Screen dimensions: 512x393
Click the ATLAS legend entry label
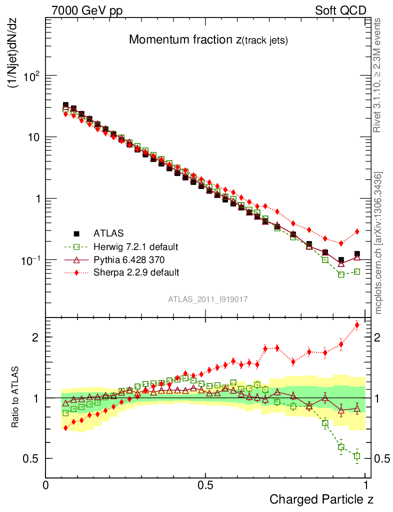click(x=108, y=233)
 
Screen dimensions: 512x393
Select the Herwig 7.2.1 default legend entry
click(x=136, y=246)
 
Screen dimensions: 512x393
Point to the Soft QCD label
click(x=340, y=10)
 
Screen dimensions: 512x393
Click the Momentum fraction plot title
click(x=208, y=40)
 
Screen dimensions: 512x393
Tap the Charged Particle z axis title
click(x=321, y=499)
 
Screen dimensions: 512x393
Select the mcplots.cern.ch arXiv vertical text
click(x=379, y=243)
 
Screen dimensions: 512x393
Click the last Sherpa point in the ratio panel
click(x=357, y=325)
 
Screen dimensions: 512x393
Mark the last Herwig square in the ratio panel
click(x=357, y=456)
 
